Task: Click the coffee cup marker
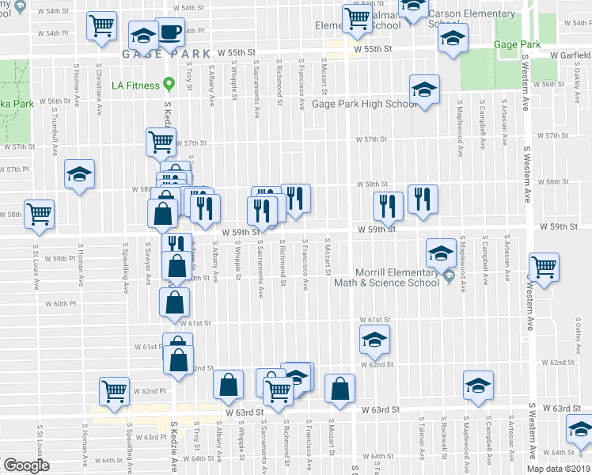170,32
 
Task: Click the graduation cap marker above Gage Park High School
424,89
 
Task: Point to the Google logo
26,465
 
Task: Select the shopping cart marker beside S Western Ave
545,268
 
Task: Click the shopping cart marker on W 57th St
161,142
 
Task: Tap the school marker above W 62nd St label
374,341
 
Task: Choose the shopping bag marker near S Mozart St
340,388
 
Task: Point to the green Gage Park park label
517,45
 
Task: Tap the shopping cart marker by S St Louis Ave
40,214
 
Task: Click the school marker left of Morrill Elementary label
441,253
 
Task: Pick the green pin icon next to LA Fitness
169,85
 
